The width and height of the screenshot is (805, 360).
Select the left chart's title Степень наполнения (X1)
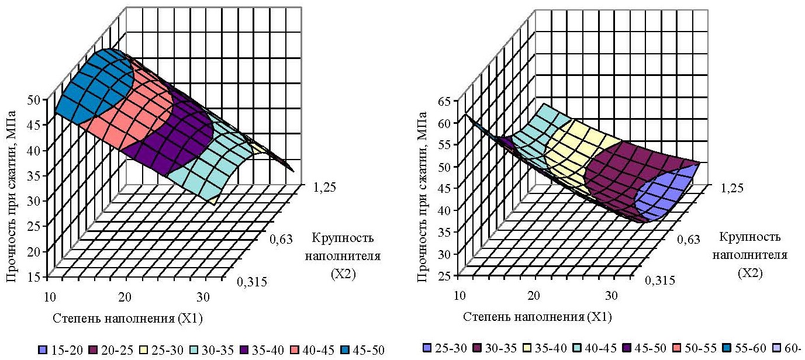128,318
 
